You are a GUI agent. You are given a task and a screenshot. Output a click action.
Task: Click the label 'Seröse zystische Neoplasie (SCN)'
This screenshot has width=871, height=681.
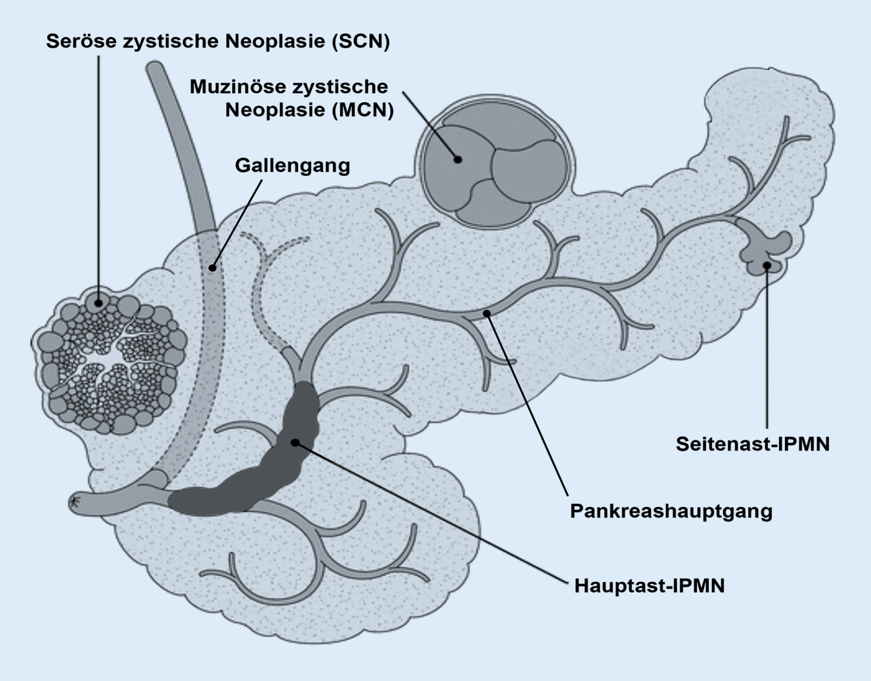coord(218,41)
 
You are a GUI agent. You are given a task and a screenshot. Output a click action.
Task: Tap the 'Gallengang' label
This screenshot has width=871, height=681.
coord(292,165)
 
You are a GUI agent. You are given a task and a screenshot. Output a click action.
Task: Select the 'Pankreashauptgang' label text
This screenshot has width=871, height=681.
coord(671,511)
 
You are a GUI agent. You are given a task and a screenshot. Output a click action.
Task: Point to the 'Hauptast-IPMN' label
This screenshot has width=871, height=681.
coord(649,586)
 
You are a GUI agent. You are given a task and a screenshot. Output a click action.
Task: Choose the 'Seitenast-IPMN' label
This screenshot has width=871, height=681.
coord(753,444)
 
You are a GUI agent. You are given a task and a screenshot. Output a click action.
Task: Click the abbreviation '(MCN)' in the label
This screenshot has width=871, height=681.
coord(363,110)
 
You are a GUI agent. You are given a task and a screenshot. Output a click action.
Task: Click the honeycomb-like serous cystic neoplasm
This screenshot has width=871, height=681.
coord(110,362)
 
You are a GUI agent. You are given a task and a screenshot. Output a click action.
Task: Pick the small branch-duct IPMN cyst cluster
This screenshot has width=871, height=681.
coord(767,251)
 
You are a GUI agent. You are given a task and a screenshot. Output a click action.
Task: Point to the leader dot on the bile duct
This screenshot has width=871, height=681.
coord(212,266)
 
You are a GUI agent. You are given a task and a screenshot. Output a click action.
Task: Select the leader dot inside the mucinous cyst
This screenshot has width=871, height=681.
coord(457,159)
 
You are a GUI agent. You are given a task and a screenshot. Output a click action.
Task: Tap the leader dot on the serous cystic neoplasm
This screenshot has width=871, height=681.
coord(98,301)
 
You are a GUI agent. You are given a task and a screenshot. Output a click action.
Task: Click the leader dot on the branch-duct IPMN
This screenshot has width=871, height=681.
coord(767,265)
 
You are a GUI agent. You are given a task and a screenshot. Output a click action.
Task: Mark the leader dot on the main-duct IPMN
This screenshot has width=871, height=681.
coord(295,442)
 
